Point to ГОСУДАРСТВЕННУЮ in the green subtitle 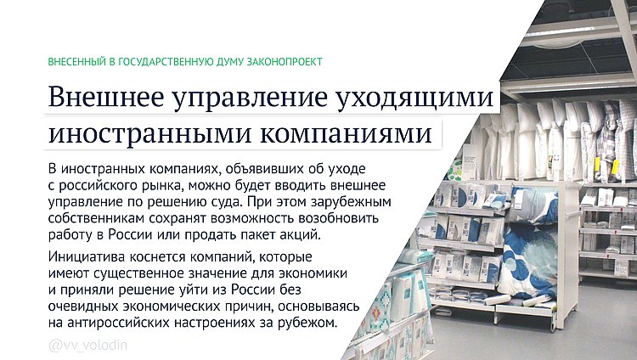(x=162, y=62)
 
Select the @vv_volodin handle (x=87, y=346)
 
